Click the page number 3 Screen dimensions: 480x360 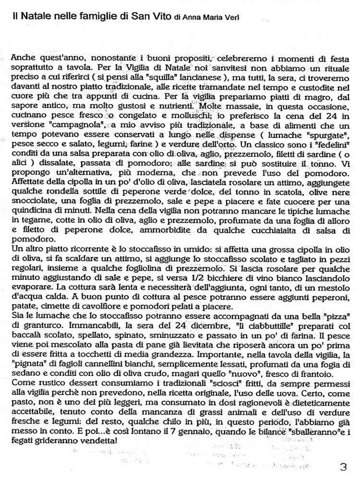point(342,467)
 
